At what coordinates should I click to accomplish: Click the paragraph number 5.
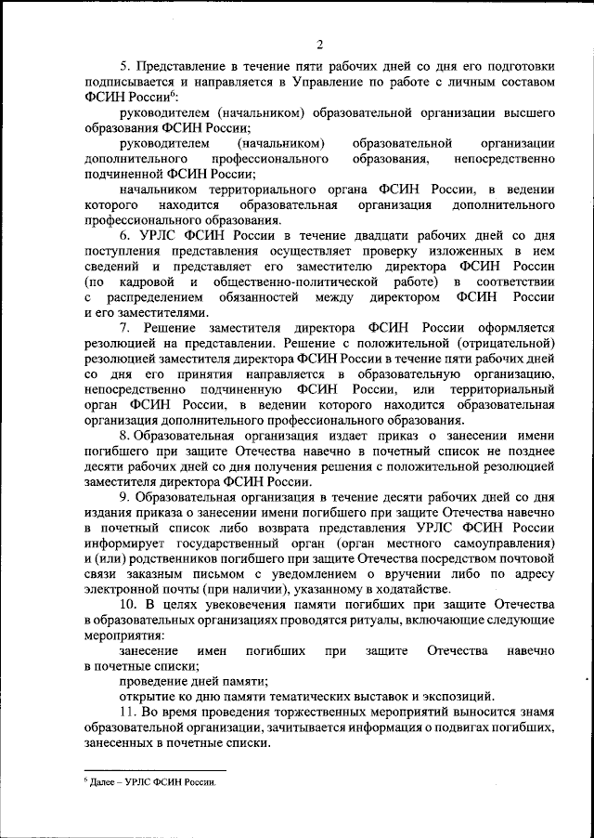(124, 67)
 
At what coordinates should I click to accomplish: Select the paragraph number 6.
(124, 236)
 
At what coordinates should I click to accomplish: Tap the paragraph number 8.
(124, 435)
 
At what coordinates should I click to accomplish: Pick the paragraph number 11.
(128, 710)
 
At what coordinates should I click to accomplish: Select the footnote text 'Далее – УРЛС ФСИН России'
(152, 782)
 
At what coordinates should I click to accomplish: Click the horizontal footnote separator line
(154, 769)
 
